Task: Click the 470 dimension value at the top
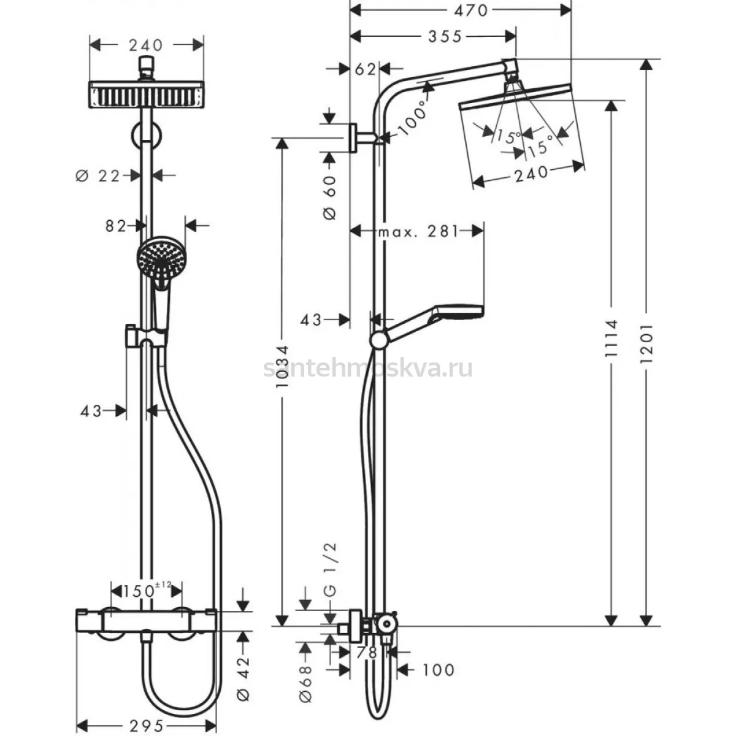coord(470,11)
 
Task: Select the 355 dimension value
coord(445,37)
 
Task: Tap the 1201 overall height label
coord(646,343)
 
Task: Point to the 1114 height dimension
coord(611,339)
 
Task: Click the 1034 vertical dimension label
coord(282,367)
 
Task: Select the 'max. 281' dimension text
coord(418,231)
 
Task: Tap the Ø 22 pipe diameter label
coord(98,176)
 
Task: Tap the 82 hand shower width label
coord(116,226)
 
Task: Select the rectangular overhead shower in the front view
coord(147,94)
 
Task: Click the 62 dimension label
coord(365,69)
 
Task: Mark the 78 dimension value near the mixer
coord(366,653)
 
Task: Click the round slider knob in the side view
coord(378,340)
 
